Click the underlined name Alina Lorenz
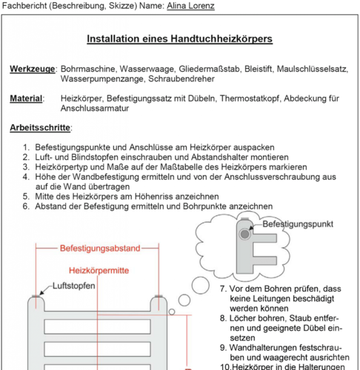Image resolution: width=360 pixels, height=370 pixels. pyautogui.click(x=190, y=6)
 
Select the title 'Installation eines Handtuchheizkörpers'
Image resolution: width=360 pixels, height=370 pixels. pyautogui.click(x=180, y=38)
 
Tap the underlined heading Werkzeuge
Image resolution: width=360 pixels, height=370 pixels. pyautogui.click(x=33, y=69)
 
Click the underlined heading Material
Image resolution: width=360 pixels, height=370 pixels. pyautogui.click(x=26, y=98)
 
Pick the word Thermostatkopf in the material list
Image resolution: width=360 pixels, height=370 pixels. pyautogui.click(x=250, y=98)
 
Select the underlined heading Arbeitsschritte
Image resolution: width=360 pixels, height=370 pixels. pyautogui.click(x=40, y=127)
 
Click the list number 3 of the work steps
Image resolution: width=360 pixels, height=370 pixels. pyautogui.click(x=26, y=167)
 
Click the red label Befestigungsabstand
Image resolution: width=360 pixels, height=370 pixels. pyautogui.click(x=100, y=248)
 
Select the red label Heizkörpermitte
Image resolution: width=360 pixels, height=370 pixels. pyautogui.click(x=99, y=270)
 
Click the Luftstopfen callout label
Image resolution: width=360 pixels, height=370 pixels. pyautogui.click(x=74, y=286)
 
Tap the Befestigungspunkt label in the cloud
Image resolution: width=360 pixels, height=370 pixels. pyautogui.click(x=298, y=224)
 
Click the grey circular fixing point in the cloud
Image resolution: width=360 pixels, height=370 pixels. pyautogui.click(x=244, y=234)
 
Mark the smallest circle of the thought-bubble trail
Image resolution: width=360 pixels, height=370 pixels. pyautogui.click(x=172, y=312)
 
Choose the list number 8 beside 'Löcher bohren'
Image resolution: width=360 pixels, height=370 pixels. pyautogui.click(x=223, y=318)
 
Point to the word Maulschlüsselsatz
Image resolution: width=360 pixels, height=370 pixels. pyautogui.click(x=313, y=69)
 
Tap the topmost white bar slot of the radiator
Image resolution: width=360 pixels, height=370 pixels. pyautogui.click(x=97, y=326)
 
